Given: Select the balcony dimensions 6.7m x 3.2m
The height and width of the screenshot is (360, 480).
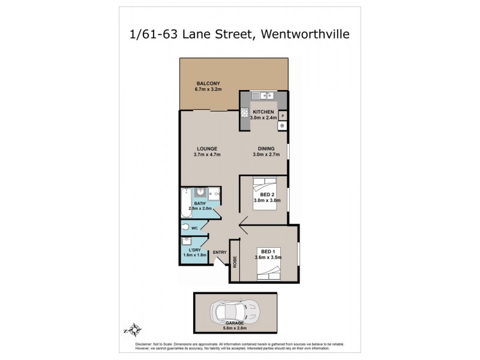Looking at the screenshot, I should (x=208, y=90).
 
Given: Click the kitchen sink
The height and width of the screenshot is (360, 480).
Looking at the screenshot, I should (x=263, y=95).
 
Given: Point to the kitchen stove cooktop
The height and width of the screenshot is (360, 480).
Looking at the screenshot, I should (x=245, y=112).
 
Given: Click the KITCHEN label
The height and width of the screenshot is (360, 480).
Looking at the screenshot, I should (x=263, y=112).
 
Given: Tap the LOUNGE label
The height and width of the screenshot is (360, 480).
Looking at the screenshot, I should (x=207, y=149).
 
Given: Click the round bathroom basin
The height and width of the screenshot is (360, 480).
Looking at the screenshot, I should (x=200, y=193).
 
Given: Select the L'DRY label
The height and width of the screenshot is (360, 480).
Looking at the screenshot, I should (x=194, y=250).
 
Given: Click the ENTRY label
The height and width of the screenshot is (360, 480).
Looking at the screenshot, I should (x=220, y=252).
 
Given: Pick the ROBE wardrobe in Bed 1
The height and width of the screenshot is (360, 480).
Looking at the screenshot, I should (x=235, y=260).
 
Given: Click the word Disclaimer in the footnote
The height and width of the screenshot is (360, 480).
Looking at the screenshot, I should (x=135, y=343).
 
